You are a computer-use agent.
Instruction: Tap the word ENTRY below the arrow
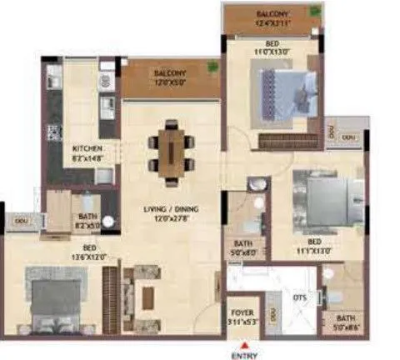[x=243, y=352]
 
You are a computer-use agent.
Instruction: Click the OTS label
[x=297, y=295]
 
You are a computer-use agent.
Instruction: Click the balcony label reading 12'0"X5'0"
[x=170, y=79]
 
